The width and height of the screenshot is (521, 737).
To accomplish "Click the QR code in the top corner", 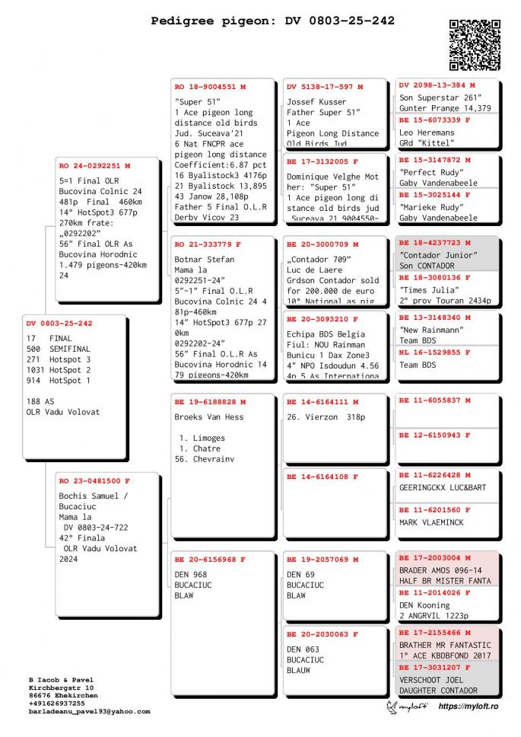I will [x=475, y=46].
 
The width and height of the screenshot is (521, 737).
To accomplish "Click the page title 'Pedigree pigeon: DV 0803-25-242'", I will [x=273, y=21].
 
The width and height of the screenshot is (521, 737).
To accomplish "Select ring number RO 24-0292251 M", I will [x=95, y=165].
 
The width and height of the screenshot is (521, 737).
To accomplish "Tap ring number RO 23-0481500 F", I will [x=95, y=481].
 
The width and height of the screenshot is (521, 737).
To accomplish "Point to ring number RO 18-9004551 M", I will [x=211, y=87].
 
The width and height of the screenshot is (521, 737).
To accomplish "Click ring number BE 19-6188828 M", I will [x=211, y=401].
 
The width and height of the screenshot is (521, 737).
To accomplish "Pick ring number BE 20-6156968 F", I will [x=211, y=559].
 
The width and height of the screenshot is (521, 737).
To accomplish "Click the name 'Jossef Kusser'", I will [x=316, y=102].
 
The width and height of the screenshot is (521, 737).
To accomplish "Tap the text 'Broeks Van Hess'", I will [x=209, y=417].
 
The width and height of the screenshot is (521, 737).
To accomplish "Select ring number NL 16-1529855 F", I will [x=436, y=353].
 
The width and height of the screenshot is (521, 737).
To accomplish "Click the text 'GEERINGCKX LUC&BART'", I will [x=443, y=487].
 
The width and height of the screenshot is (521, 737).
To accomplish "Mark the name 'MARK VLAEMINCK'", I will [x=430, y=523].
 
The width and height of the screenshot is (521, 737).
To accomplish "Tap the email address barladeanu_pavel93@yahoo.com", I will [x=89, y=711].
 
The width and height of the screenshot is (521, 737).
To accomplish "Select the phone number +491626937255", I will [x=57, y=703].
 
